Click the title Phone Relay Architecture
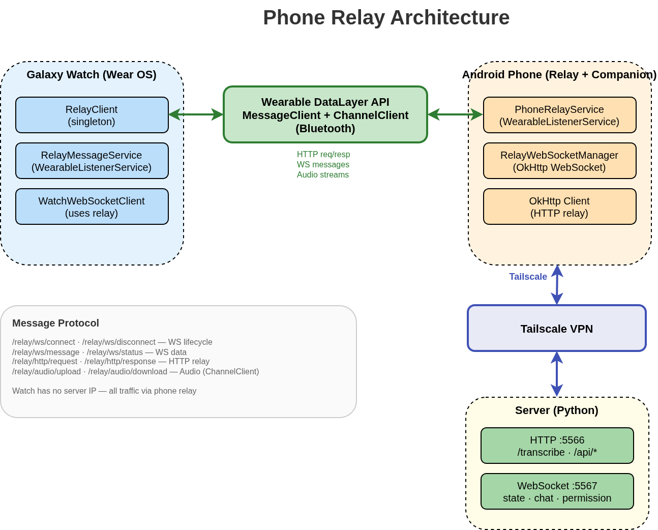[386, 18]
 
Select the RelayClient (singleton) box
[92, 115]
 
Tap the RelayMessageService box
[92, 161]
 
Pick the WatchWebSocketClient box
[92, 207]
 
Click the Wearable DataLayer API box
[325, 114]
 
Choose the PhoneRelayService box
[559, 115]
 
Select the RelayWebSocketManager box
[559, 161]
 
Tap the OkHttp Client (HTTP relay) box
[559, 207]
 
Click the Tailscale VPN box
[556, 329]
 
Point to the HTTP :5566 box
[557, 446]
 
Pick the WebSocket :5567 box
[557, 491]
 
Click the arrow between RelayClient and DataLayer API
[196, 114]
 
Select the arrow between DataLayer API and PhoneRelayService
[455, 114]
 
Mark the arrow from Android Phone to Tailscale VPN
[557, 285]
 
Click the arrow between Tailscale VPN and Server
[557, 374]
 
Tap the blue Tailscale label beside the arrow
[528, 277]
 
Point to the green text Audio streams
[323, 175]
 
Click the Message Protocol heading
[55, 323]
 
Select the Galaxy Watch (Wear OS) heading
[92, 75]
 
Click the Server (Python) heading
[556, 410]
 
